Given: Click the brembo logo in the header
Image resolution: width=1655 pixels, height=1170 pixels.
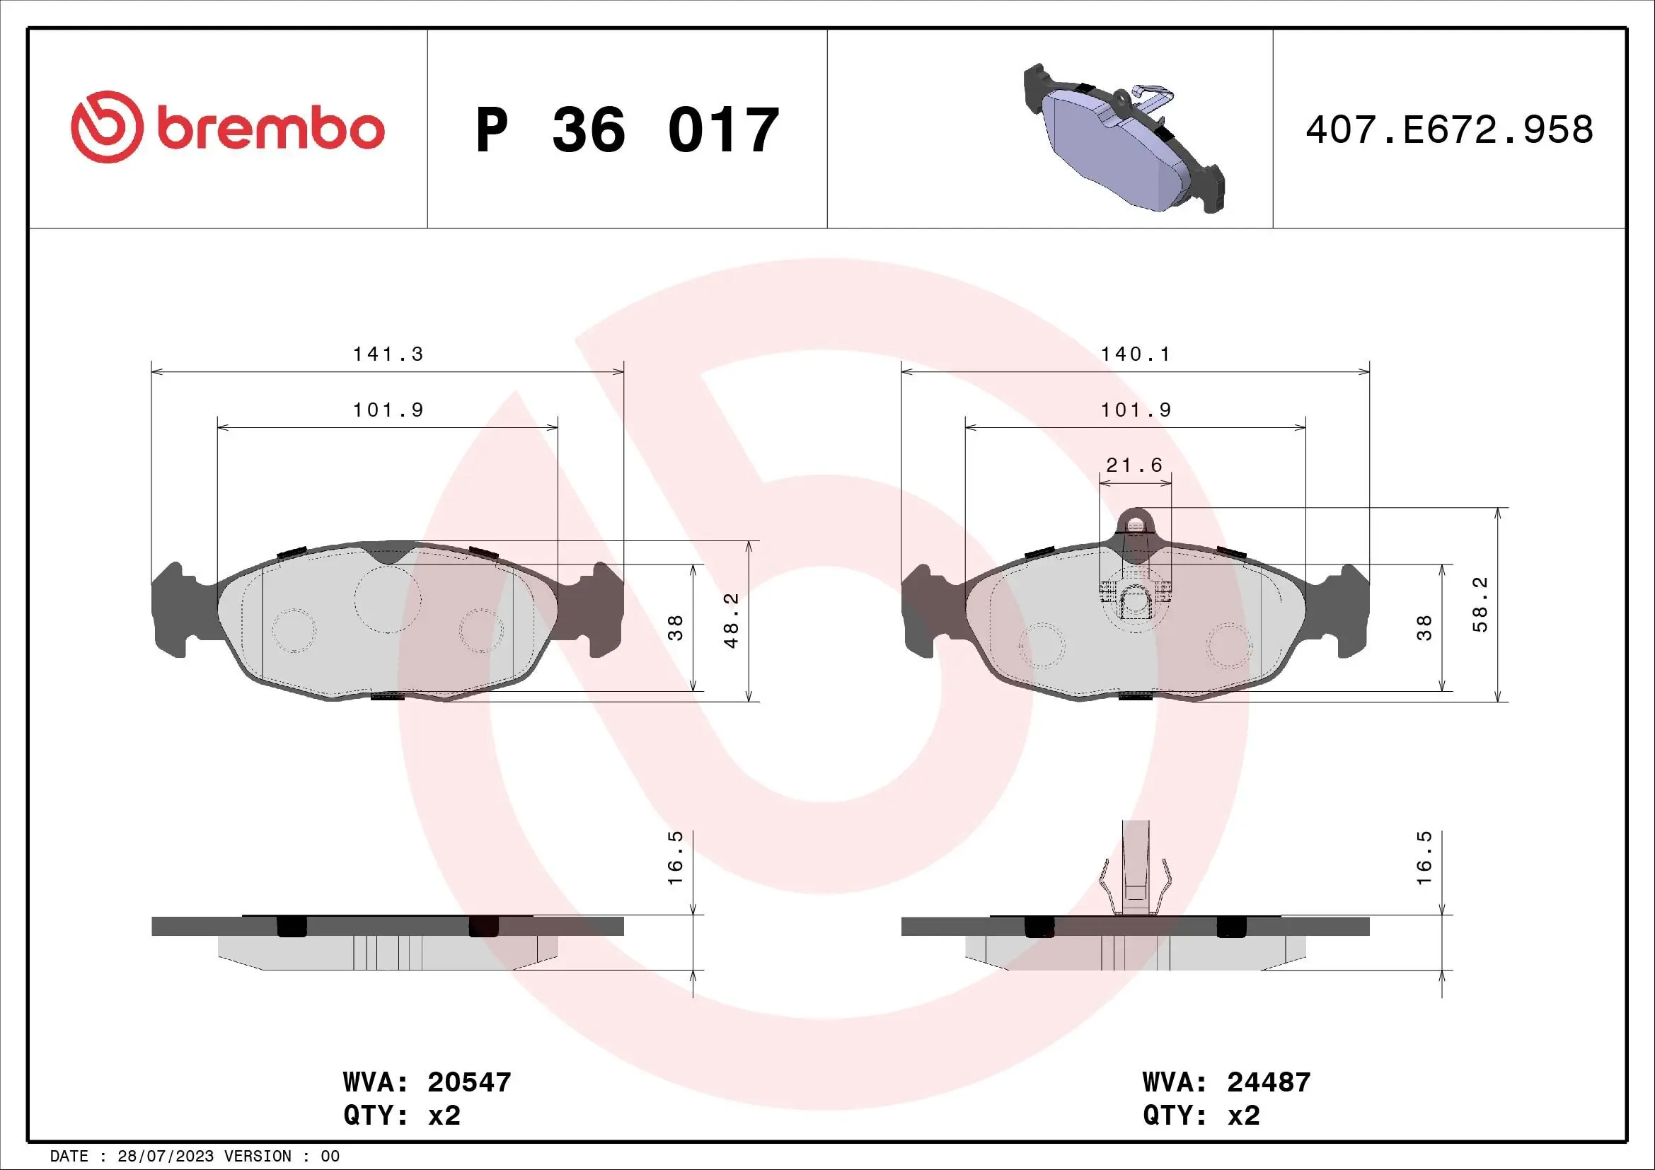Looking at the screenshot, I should (228, 127).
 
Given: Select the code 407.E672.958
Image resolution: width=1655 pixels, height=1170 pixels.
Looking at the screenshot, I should (1449, 130).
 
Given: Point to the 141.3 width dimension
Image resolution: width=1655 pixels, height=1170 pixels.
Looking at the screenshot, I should (387, 354).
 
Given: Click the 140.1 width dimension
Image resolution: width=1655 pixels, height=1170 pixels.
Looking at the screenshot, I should (1135, 354).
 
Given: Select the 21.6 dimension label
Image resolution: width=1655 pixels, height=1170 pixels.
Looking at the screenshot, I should (1134, 465).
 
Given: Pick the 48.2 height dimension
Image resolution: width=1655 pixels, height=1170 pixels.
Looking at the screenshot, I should (732, 620).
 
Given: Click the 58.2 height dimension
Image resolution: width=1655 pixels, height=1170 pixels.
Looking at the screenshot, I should (1480, 606).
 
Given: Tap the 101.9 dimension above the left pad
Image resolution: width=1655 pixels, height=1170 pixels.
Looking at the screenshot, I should (387, 410).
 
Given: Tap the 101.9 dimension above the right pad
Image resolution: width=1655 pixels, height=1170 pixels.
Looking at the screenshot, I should (1135, 410).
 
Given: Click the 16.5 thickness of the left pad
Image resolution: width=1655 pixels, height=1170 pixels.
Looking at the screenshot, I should (675, 868).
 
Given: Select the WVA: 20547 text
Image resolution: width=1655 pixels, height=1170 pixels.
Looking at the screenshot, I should (427, 1082).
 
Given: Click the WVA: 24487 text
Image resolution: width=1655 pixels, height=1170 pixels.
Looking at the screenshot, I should (1226, 1082).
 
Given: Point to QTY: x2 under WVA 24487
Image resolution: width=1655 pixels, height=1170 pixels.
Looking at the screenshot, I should (1201, 1116).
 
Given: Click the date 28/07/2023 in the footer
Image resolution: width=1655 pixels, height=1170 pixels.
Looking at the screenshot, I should (165, 1157).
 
